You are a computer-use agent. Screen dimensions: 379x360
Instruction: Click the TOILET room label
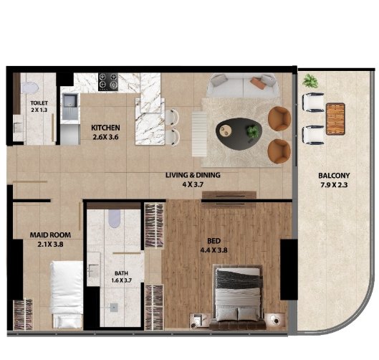tap(39, 103)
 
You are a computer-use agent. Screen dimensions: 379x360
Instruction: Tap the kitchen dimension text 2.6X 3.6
tap(105, 137)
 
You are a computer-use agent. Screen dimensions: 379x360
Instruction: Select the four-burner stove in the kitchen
tap(108, 82)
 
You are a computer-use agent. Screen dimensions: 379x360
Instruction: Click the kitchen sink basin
tap(70, 101)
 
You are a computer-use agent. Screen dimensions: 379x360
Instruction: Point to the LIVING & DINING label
tap(193, 175)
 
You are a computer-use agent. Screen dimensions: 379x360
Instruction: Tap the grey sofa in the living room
tap(242, 85)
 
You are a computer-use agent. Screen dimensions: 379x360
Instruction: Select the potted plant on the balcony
tap(310, 81)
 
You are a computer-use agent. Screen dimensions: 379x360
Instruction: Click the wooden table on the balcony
tap(335, 119)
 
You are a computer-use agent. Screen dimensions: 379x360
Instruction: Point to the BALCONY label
tap(334, 176)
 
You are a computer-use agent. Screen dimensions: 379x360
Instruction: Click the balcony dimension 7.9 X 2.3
tap(334, 185)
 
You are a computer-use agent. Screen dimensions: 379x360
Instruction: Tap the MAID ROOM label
tap(50, 235)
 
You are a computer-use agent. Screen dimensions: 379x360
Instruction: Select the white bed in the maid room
tap(67, 294)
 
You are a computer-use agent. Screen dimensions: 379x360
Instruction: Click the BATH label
tap(121, 273)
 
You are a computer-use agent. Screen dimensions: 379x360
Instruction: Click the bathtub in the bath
tap(114, 219)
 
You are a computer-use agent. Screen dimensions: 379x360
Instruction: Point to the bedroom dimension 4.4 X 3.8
tap(214, 250)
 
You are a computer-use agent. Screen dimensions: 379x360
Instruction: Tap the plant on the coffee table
tap(253, 131)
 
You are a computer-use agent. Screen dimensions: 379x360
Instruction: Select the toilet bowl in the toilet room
tap(29, 87)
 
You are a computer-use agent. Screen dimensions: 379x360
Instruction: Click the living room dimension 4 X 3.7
tap(193, 184)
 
